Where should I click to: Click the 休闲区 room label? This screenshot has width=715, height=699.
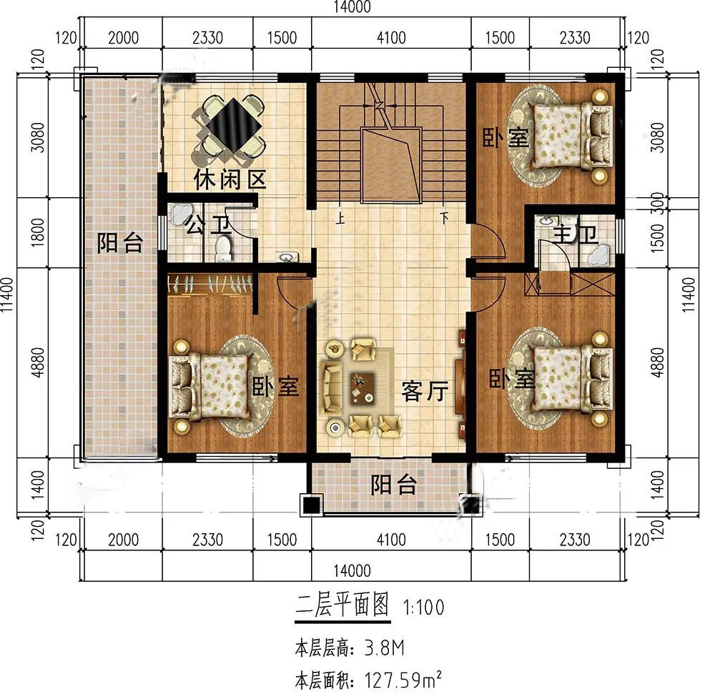click(230, 180)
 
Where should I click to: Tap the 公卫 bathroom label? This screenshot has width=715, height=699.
click(208, 224)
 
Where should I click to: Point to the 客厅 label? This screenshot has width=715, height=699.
click(425, 391)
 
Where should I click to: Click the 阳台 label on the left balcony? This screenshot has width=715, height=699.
click(120, 242)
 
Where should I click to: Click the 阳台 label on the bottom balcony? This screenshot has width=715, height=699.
click(393, 485)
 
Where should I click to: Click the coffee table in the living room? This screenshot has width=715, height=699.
click(362, 389)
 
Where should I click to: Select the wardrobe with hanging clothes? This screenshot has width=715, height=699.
click(209, 284)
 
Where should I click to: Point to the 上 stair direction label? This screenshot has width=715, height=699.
click(340, 219)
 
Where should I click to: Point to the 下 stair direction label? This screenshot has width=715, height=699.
click(444, 218)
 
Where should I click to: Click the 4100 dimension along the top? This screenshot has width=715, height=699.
click(391, 37)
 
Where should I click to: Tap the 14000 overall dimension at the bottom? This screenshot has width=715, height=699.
click(352, 570)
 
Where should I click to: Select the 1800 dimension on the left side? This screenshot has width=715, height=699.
click(38, 232)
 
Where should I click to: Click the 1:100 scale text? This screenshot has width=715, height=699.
click(423, 608)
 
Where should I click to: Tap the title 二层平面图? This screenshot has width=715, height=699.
click(342, 605)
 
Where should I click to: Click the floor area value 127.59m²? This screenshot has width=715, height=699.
click(403, 680)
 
